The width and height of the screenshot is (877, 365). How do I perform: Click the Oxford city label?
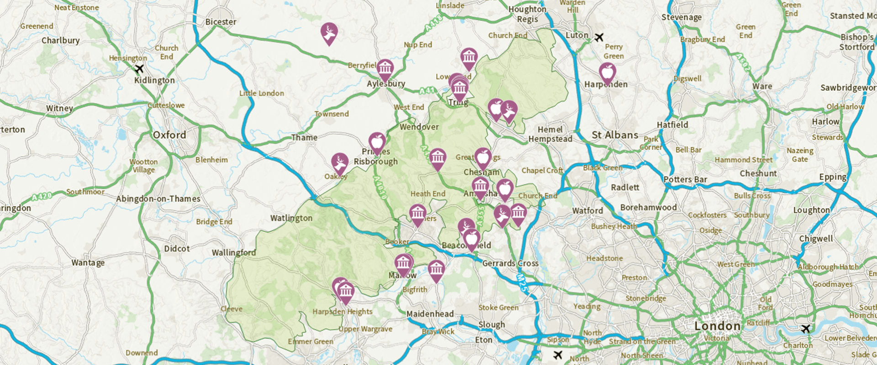click(x=169, y=135)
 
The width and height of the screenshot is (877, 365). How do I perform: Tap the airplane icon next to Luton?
click(x=599, y=37)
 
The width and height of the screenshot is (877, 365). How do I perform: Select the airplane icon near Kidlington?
click(x=139, y=69)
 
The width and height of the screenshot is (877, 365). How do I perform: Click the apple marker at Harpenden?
click(x=607, y=73)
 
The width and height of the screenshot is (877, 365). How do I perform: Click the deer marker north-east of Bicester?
click(x=329, y=32)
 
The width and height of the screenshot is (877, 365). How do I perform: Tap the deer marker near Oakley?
click(x=339, y=163)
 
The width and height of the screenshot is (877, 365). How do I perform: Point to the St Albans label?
click(x=615, y=135)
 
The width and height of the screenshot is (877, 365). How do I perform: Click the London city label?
click(x=717, y=326)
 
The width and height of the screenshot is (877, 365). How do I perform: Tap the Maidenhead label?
click(x=430, y=314)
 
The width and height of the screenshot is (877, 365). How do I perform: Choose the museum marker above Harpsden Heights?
click(x=346, y=292)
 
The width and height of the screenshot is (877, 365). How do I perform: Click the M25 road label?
click(x=523, y=282)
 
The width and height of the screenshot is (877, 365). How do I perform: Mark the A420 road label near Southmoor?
click(x=42, y=197)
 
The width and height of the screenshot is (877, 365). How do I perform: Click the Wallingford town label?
click(x=233, y=252)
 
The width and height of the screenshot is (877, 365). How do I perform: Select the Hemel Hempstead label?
click(x=550, y=134)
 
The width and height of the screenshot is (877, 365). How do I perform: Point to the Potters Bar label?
click(x=685, y=179)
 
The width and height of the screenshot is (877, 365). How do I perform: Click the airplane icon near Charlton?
click(x=806, y=329)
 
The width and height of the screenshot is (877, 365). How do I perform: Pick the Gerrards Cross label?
click(x=510, y=263)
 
